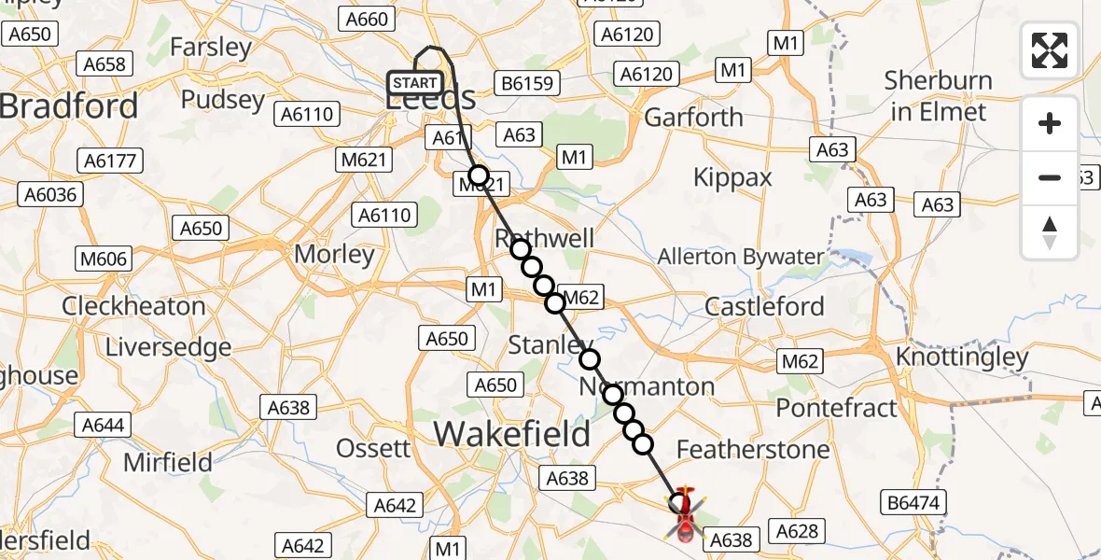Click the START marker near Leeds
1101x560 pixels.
click(x=415, y=83)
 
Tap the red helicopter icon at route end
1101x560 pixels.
click(x=684, y=514)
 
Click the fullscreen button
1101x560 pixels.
click(x=1050, y=50)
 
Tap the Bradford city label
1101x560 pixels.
click(x=69, y=105)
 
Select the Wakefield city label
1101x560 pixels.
click(x=512, y=433)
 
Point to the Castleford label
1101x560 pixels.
click(x=765, y=306)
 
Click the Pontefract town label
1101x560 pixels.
click(x=837, y=408)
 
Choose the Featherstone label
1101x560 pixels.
click(x=752, y=450)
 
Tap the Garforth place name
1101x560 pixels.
click(x=694, y=118)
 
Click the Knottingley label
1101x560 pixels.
click(x=962, y=357)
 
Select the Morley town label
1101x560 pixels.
click(x=334, y=254)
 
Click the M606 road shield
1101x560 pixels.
click(x=105, y=259)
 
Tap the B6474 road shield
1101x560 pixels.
click(x=914, y=503)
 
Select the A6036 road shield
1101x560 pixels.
click(x=51, y=194)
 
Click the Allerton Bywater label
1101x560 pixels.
click(x=741, y=257)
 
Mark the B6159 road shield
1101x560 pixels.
click(x=527, y=83)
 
